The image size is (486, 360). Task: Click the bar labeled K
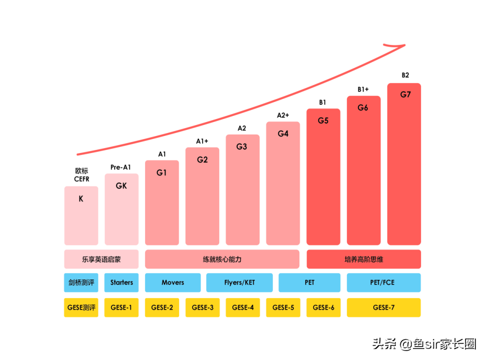(x=81, y=215)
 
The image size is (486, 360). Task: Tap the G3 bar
(x=242, y=190)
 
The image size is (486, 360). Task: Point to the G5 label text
(x=323, y=120)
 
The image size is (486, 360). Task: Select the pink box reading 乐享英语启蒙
(x=101, y=259)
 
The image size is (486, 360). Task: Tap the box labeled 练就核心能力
(x=222, y=259)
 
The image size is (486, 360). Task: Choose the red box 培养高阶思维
(x=363, y=259)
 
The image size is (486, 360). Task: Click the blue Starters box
(x=122, y=282)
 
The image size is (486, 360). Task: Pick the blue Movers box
(x=173, y=282)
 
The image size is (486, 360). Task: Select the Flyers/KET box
(x=239, y=282)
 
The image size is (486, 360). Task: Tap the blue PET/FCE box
(x=383, y=282)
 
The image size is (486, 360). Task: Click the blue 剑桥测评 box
(x=81, y=282)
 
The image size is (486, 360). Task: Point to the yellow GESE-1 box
(x=122, y=307)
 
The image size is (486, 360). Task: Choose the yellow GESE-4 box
(x=243, y=307)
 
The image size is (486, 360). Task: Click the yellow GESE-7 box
(x=383, y=307)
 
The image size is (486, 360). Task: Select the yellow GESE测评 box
(x=81, y=307)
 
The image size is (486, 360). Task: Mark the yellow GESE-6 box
(x=323, y=307)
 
